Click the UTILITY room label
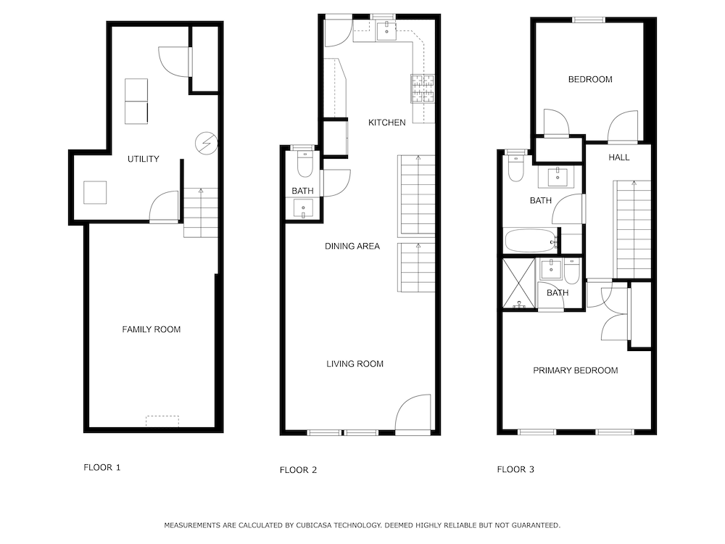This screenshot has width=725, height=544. pos(144,159)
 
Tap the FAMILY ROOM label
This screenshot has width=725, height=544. pos(152,329)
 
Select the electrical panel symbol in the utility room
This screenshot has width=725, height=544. pos(206,144)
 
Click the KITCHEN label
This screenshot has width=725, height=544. pos(387,123)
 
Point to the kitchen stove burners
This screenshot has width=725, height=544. pos(423,88)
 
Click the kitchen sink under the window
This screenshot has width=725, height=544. pos(386,31)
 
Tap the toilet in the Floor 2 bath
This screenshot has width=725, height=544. pos(305,164)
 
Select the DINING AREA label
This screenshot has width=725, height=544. pos(352,246)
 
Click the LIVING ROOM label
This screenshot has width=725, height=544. pos(355,364)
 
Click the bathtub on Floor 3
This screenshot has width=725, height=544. pos(530,241)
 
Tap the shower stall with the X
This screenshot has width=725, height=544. pos(519,284)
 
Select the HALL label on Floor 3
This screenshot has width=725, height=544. pos(619,157)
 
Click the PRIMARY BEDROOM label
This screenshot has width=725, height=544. pos(576,371)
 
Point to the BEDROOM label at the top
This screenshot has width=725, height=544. pos(590,80)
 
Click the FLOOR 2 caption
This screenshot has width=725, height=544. pos(298,470)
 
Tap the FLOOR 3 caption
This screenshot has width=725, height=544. pos(515,469)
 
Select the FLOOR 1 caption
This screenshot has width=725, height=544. pos(101,468)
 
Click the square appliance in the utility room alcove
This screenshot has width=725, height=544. pos(95,192)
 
